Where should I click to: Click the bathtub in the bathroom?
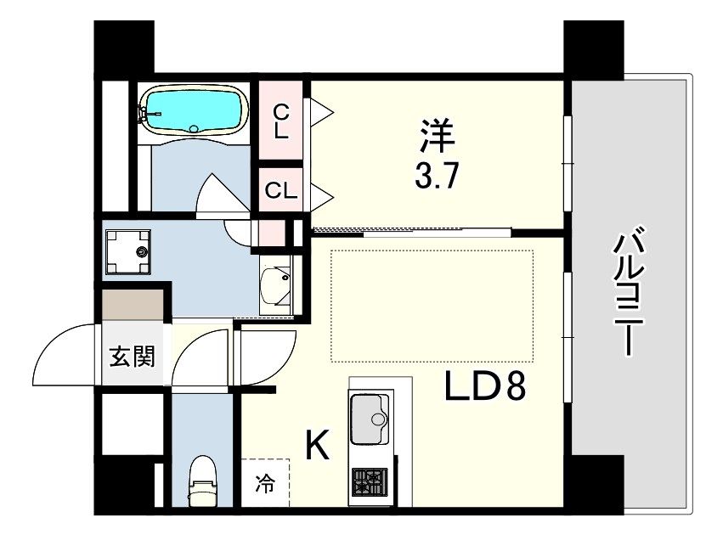(194, 110)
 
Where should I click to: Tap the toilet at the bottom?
(202, 481)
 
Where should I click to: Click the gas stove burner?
(370, 482)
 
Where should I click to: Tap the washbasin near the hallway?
(275, 284)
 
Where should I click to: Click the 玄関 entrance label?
(132, 356)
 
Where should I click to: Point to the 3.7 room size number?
(437, 176)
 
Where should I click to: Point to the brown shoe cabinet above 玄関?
(133, 305)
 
